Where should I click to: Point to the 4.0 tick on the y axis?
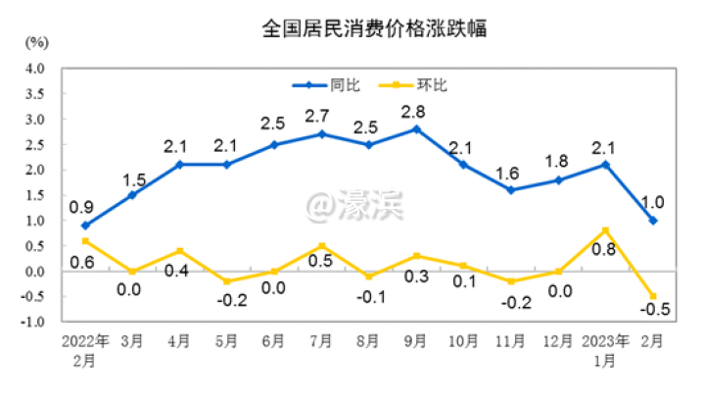click(x=35, y=69)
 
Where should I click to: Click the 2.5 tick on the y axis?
click(x=35, y=144)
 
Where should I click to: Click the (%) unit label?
click(x=36, y=42)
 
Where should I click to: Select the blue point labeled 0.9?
click(x=85, y=226)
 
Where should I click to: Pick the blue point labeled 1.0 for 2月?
click(x=653, y=221)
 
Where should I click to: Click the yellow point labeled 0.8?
click(x=606, y=230)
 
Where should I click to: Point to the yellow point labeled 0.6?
click(x=85, y=240)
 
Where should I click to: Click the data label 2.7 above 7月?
click(x=322, y=116)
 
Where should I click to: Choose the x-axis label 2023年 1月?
click(x=605, y=350)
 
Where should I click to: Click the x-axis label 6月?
click(x=274, y=342)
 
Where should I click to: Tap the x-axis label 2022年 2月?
click(x=86, y=350)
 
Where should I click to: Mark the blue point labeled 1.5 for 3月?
click(x=132, y=195)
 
